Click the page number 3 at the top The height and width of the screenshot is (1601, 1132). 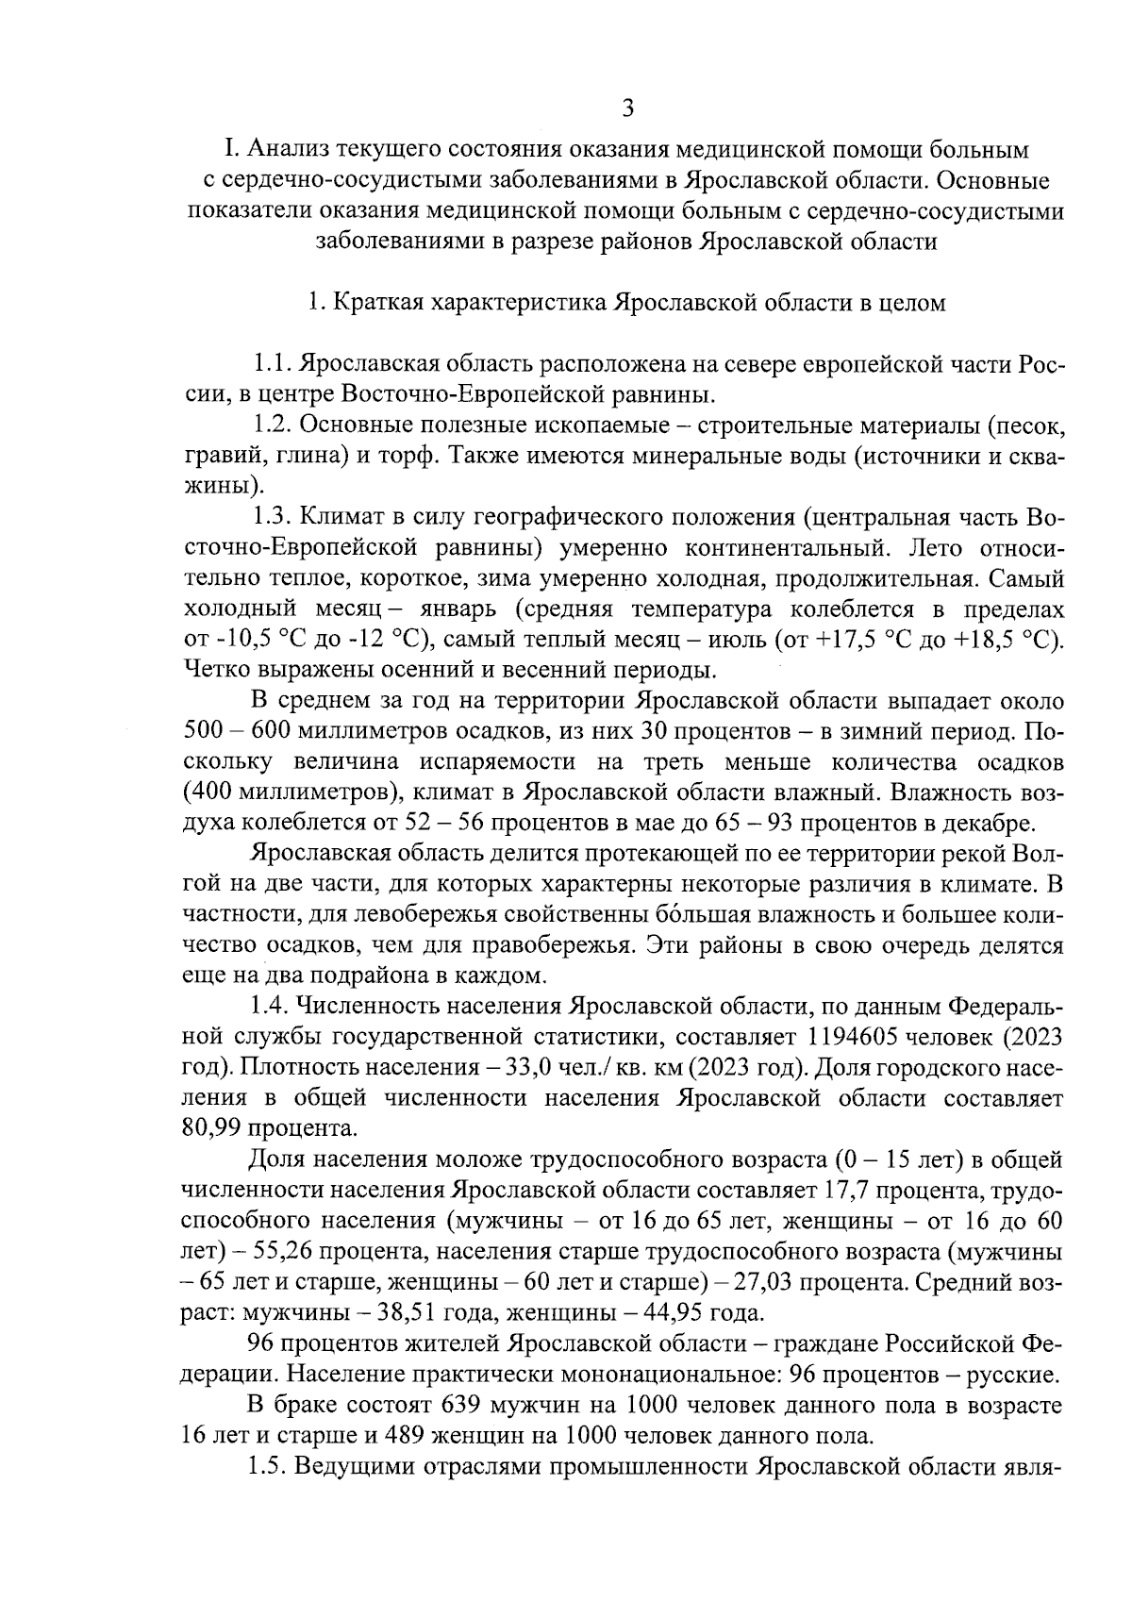coord(628,108)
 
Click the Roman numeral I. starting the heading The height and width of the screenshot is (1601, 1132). coord(228,149)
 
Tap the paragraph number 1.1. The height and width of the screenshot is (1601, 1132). coord(275,364)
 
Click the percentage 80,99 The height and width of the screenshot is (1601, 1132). coord(211,1128)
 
